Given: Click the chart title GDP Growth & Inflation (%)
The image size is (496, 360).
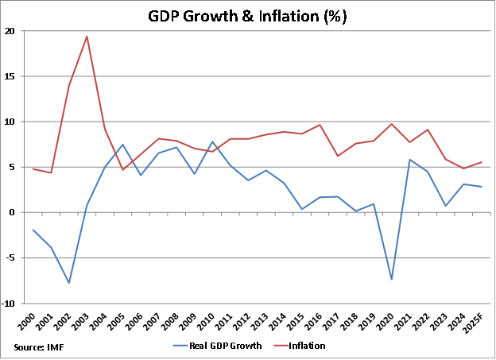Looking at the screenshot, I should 248,16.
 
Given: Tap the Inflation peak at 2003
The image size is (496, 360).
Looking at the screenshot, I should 87,37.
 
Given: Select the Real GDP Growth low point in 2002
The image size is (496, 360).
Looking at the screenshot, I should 69,283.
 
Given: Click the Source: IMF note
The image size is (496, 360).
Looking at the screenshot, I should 40,346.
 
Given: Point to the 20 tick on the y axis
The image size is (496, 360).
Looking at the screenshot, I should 9,31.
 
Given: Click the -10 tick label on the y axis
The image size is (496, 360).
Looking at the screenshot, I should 7,303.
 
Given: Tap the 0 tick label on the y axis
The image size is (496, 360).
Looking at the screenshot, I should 11,212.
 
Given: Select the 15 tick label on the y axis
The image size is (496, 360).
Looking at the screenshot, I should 9,76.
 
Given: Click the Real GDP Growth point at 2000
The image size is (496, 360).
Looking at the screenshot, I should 33,230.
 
